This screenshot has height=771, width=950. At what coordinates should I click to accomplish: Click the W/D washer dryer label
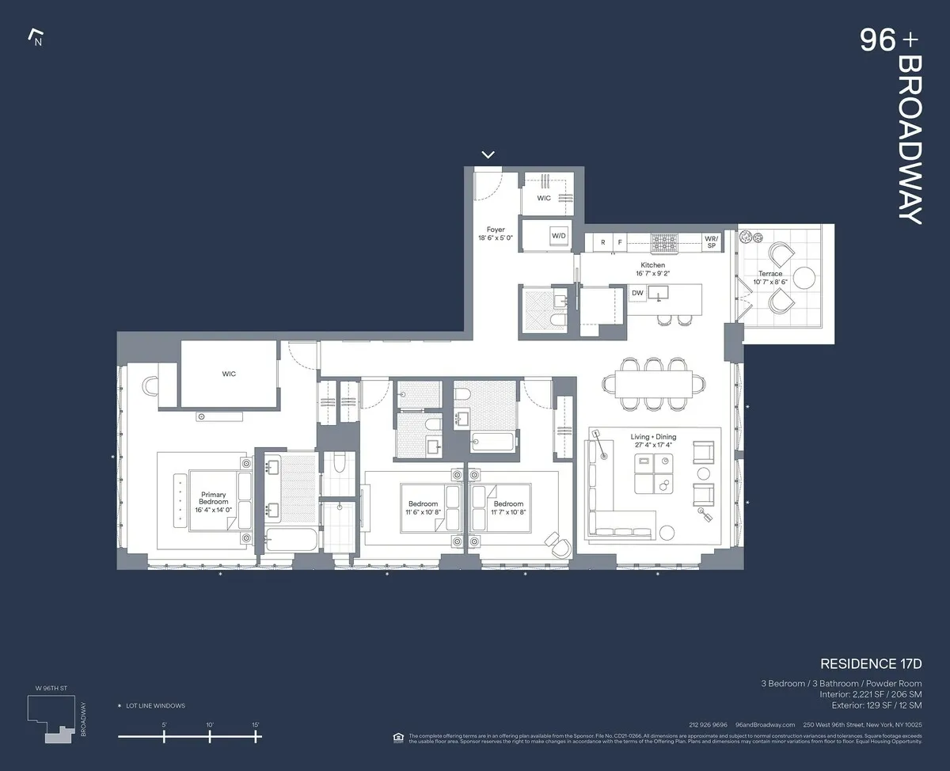point(559,236)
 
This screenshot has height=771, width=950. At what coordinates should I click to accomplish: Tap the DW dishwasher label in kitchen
point(637,293)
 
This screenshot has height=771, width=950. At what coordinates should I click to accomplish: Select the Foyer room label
point(496,234)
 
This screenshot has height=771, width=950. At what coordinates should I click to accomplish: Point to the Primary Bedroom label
point(213,498)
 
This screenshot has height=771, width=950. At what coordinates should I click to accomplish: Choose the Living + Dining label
point(652,441)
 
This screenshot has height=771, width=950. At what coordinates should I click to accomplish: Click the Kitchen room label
point(652,269)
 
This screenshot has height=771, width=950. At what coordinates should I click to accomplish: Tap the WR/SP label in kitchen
point(711,241)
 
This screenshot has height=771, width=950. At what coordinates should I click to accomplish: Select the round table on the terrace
point(804,277)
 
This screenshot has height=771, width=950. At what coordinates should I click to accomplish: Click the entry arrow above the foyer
point(488,154)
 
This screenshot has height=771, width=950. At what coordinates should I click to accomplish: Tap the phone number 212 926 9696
point(709,725)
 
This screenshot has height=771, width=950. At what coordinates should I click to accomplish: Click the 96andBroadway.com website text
point(765,725)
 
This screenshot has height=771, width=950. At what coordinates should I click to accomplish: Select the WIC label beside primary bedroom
point(229,374)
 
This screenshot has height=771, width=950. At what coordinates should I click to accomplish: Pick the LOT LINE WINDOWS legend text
point(155,705)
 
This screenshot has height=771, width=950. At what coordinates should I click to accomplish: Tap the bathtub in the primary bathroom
point(291,540)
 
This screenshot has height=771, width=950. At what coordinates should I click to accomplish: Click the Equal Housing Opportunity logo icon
point(397,738)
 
